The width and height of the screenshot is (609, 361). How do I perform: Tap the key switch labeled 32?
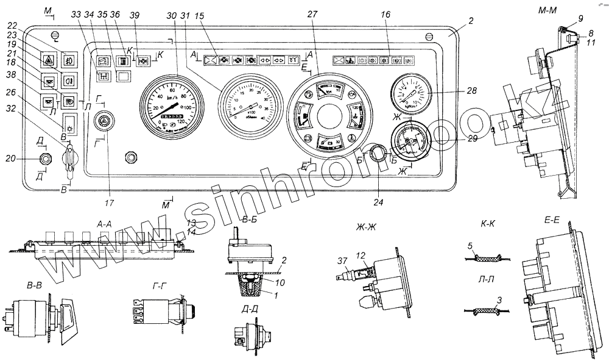pyautogui.click(x=71, y=155)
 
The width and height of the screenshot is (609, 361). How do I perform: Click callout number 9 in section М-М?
pyautogui.click(x=580, y=18)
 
